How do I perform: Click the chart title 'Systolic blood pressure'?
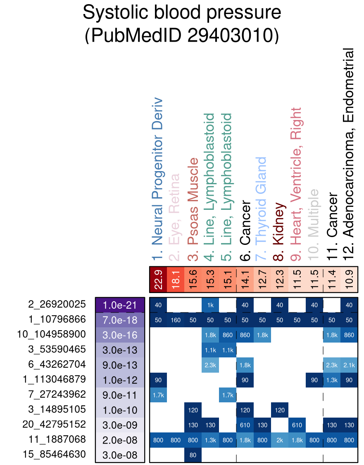(182, 13)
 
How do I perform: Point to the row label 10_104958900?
(51, 334)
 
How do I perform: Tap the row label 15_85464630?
(51, 455)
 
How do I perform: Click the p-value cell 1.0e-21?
(120, 305)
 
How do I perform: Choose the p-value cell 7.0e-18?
(120, 320)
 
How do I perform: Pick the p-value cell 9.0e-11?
(120, 395)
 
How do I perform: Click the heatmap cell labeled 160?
(176, 320)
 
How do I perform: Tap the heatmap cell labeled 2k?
(280, 440)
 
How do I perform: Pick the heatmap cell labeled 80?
(193, 455)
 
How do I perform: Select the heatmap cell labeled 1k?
(210, 305)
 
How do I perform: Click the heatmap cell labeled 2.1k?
(349, 365)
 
